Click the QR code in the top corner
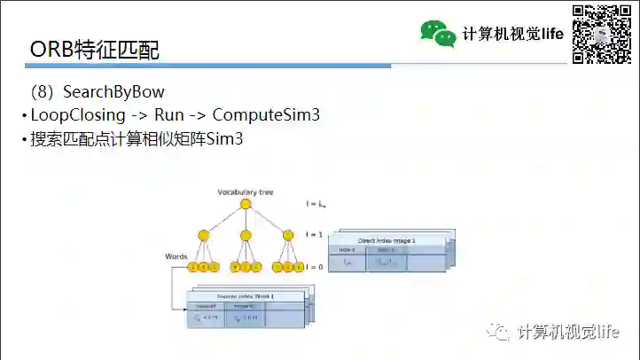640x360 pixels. tap(602, 35)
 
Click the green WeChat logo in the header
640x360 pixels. tap(438, 34)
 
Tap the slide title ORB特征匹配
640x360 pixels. tap(95, 50)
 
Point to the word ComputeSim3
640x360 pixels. tap(266, 115)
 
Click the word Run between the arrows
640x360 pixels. tap(168, 115)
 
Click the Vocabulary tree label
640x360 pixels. tap(243, 192)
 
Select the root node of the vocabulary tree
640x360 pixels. tap(246, 204)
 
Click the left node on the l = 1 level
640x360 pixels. tap(203, 235)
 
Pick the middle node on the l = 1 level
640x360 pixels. tap(246, 235)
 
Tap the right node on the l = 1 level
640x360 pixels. tap(287, 235)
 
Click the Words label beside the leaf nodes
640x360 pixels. tap(176, 255)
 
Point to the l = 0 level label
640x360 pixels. tap(315, 266)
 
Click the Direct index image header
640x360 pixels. tap(386, 240)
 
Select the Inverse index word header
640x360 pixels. tap(246, 296)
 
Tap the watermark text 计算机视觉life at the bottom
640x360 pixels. tap(567, 332)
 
